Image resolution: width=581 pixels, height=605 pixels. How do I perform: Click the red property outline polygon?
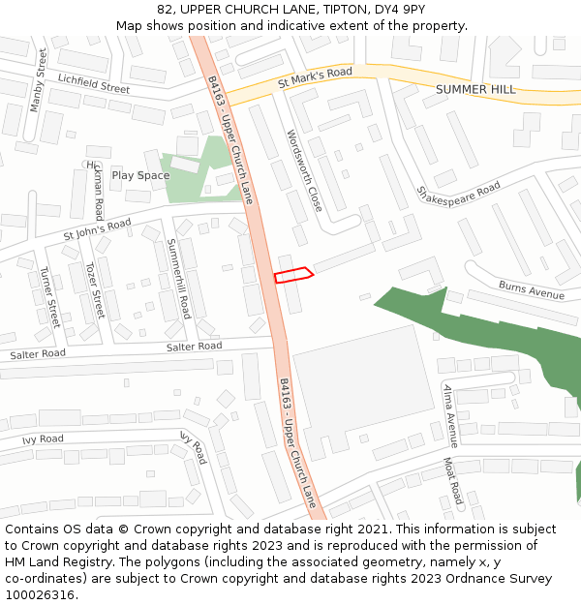pyautogui.click(x=293, y=274)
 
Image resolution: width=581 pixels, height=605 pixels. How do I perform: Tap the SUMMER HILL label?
pyautogui.click(x=475, y=89)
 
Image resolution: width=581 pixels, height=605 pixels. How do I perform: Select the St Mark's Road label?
pyautogui.click(x=315, y=76)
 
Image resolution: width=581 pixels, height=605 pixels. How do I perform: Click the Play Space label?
pyautogui.click(x=140, y=175)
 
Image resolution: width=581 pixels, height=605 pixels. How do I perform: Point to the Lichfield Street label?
pyautogui.click(x=93, y=83)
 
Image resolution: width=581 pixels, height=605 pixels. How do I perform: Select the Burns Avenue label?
pyautogui.click(x=532, y=289)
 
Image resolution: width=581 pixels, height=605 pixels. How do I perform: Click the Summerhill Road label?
pyautogui.click(x=178, y=280)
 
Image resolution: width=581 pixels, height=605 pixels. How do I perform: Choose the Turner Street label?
pyautogui.click(x=48, y=297)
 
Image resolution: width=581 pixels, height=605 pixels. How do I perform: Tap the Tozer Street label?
pyautogui.click(x=94, y=290)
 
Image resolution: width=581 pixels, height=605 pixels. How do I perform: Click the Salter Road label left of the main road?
pyautogui.click(x=38, y=354)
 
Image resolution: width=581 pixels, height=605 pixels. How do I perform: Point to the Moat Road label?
pyautogui.click(x=451, y=481)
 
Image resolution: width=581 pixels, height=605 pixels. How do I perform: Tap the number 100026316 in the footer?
pyautogui.click(x=42, y=594)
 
